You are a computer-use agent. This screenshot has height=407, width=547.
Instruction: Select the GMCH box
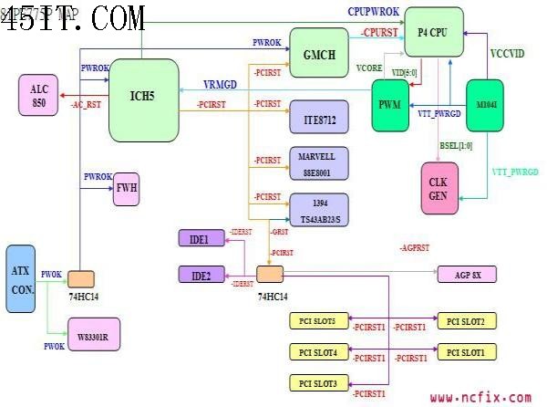click(319, 54)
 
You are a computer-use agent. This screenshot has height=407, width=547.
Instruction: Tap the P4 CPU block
click(433, 31)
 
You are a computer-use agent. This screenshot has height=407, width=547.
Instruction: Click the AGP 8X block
click(466, 274)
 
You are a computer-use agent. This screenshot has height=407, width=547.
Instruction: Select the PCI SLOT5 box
click(318, 321)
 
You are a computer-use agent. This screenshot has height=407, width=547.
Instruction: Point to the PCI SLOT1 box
click(467, 352)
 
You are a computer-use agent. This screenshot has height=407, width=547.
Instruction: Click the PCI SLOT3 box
click(318, 382)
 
